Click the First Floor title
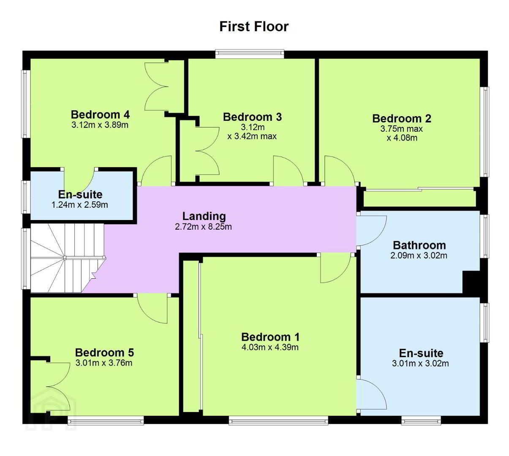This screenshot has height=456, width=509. coord(254,27)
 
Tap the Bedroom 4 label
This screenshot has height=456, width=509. coord(100,114)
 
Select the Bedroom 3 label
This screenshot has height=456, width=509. coord(252,117)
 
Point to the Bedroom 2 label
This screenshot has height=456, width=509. coord(401,119)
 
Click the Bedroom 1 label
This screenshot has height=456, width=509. coord(270,337)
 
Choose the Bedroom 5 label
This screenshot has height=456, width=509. coord(104,353)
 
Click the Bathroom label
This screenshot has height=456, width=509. coord(419,245)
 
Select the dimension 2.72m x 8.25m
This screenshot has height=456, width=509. coord(203,227)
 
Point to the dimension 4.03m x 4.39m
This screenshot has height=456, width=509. coord(270,347)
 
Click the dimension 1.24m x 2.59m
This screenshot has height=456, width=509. coord(80,205)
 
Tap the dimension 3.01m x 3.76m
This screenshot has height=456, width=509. coord(104,363)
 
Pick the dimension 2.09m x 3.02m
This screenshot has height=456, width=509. coord(419,255)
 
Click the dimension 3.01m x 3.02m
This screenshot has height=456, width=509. coord(420,364)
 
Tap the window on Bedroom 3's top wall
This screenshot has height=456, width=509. coord(250,54)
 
